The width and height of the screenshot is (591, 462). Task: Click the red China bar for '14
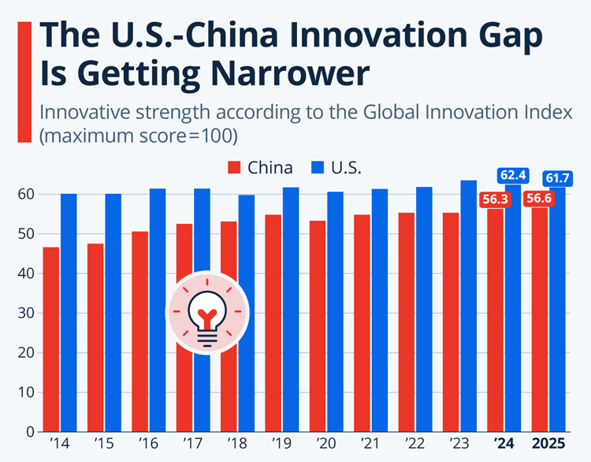coord(51,339)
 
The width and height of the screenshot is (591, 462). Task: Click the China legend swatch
coord(234,167)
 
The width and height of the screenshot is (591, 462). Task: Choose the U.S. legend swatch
coord(316,167)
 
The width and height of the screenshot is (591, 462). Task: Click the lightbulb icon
coord(206,313)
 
